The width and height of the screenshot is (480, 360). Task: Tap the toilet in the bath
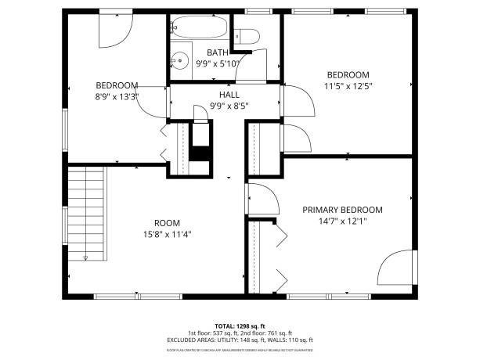point(247,36)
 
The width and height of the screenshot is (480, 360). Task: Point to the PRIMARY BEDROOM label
point(342,210)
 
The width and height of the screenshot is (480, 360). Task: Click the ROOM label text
point(166,222)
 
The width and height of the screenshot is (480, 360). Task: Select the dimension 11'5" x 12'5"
point(348,86)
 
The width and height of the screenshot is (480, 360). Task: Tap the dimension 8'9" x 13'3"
point(117,97)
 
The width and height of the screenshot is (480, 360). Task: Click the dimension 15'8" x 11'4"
point(166,233)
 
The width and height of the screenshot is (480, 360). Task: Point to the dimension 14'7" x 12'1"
point(342,221)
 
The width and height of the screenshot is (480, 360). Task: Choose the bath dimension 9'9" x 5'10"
point(218,64)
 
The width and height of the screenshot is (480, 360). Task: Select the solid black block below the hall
point(200,150)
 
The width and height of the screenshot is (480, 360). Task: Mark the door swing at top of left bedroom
point(111,29)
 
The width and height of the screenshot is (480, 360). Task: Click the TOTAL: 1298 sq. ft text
point(240,326)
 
